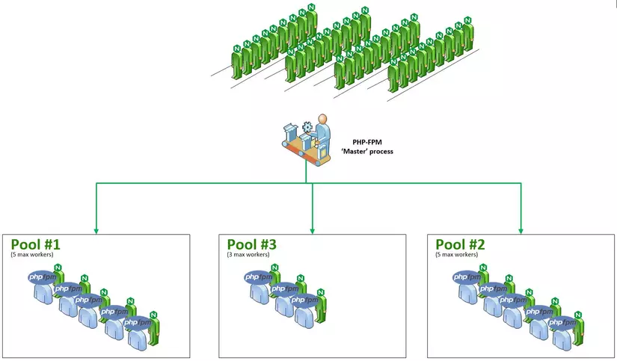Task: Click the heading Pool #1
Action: point(35,244)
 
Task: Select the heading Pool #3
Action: point(252,244)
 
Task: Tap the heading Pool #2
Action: point(460,244)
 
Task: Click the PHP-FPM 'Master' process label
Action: point(372,146)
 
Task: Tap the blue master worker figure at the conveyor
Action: point(322,131)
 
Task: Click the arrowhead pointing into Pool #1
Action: point(96,228)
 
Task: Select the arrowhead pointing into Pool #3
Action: point(313,228)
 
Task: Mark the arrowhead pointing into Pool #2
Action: point(521,228)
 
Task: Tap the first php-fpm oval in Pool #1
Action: point(43,277)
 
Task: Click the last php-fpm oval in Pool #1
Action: point(137,323)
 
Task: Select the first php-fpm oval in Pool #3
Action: point(259,277)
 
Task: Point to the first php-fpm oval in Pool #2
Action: point(467,277)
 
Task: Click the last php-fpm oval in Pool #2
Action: point(562,323)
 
